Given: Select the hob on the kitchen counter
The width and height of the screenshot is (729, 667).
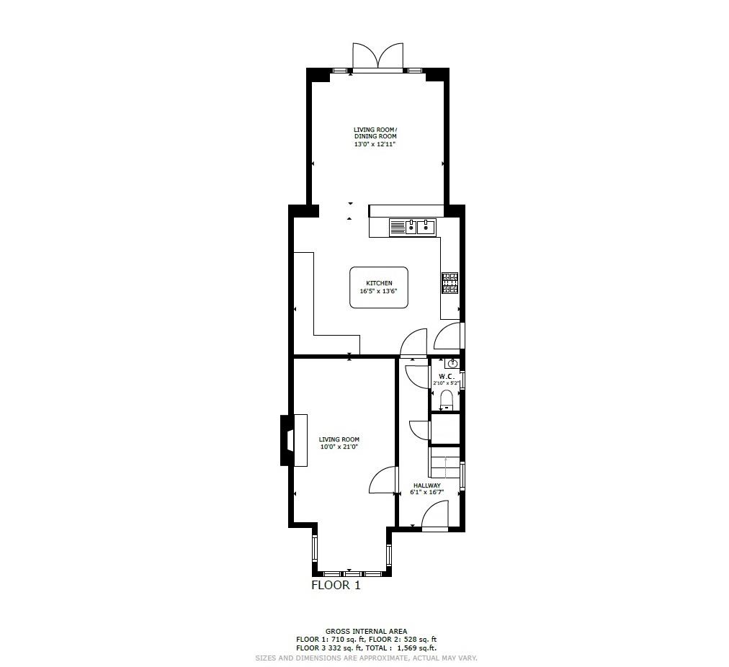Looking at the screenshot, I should click(x=450, y=283).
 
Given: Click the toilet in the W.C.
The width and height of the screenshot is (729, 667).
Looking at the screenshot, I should click(x=445, y=399).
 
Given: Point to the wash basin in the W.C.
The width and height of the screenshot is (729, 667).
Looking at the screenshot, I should click(x=452, y=363).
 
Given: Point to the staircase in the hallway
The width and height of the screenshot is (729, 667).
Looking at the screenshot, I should click(x=444, y=463).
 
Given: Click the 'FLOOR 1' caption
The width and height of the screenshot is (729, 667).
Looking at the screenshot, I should click(x=336, y=586).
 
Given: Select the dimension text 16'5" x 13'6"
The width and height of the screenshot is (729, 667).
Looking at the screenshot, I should click(x=379, y=292).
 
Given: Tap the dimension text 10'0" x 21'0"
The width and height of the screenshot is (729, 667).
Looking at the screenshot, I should click(x=339, y=447).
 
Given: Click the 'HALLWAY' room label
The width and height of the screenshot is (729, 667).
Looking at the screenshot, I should click(x=426, y=485).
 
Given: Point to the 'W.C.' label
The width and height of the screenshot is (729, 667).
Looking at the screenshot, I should click(x=446, y=376).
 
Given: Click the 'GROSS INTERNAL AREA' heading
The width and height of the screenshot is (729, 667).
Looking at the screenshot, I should click(x=366, y=632).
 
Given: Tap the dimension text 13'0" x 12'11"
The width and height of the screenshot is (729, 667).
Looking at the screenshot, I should click(x=375, y=144).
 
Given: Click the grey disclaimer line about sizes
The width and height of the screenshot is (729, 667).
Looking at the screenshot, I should click(x=366, y=658).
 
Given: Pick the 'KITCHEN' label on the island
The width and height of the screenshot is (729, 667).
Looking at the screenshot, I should click(x=379, y=283).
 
